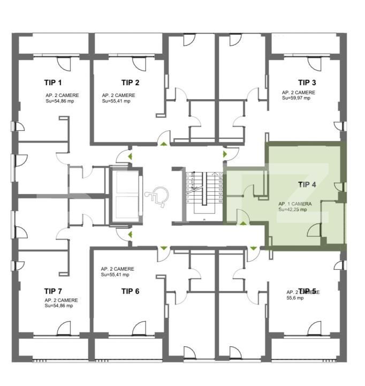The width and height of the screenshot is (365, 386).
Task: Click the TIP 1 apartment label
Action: [x=53, y=83]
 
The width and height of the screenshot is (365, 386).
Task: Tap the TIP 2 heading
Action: [x=131, y=83]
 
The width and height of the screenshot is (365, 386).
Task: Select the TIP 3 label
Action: [x=307, y=83]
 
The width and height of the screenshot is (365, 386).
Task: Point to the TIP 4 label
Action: [x=307, y=184]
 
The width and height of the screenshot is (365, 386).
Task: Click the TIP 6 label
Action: [x=130, y=291]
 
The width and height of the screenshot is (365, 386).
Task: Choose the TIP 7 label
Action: [x=53, y=291]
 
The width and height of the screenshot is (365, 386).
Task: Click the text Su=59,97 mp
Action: [x=296, y=98]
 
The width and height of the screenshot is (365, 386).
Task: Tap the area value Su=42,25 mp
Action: [x=292, y=210]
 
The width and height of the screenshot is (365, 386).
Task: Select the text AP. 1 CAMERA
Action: [x=295, y=204]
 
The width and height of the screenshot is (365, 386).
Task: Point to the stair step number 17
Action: [x=220, y=174]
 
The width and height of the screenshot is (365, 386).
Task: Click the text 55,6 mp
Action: [x=295, y=298]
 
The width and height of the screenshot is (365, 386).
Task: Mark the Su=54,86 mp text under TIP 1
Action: [x=59, y=101]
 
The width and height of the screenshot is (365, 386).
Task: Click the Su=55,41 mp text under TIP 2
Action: [x=116, y=101]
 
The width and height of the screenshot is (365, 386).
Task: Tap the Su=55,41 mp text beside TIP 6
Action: [x=115, y=274]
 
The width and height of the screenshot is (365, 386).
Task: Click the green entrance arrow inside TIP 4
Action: [x=244, y=223]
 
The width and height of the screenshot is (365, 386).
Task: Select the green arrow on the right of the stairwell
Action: [x=225, y=154]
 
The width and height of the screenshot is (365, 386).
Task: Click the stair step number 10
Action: [x=220, y=201]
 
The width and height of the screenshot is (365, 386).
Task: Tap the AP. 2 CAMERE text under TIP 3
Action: [x=299, y=92]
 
